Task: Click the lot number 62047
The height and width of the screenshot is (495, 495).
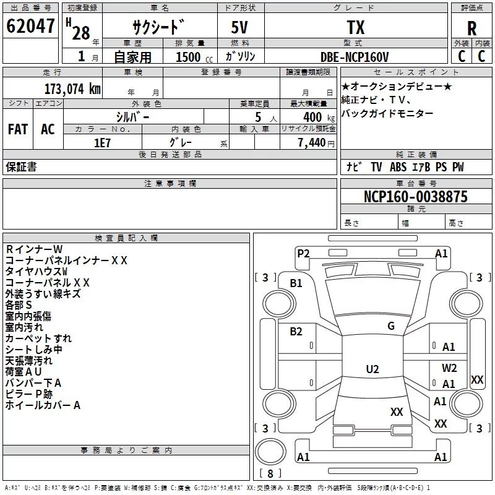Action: click(30, 27)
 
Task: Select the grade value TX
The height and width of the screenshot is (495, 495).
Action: click(355, 28)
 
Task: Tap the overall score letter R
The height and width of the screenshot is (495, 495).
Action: click(472, 28)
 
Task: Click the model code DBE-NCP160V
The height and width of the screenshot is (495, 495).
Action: click(355, 57)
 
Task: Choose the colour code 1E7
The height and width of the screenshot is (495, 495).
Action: click(102, 142)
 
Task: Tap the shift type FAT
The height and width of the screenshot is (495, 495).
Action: click(18, 129)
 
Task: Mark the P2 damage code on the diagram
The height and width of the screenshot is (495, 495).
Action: click(303, 253)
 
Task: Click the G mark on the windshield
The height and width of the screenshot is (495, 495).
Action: click(391, 326)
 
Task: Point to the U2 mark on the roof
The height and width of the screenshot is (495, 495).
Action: click(372, 369)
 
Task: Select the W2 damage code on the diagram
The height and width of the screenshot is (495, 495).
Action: click(449, 368)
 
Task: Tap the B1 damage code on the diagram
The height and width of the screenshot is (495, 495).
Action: click(296, 283)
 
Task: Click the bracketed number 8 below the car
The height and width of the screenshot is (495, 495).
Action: click(270, 474)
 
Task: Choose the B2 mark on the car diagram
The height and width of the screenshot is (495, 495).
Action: click(296, 332)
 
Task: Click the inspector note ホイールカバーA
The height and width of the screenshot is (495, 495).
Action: click(43, 406)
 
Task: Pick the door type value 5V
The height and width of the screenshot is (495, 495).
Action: click(241, 28)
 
